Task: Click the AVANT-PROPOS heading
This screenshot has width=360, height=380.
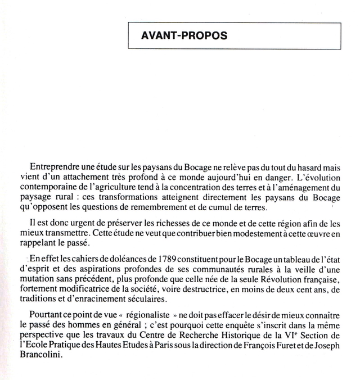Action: tap(184, 35)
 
